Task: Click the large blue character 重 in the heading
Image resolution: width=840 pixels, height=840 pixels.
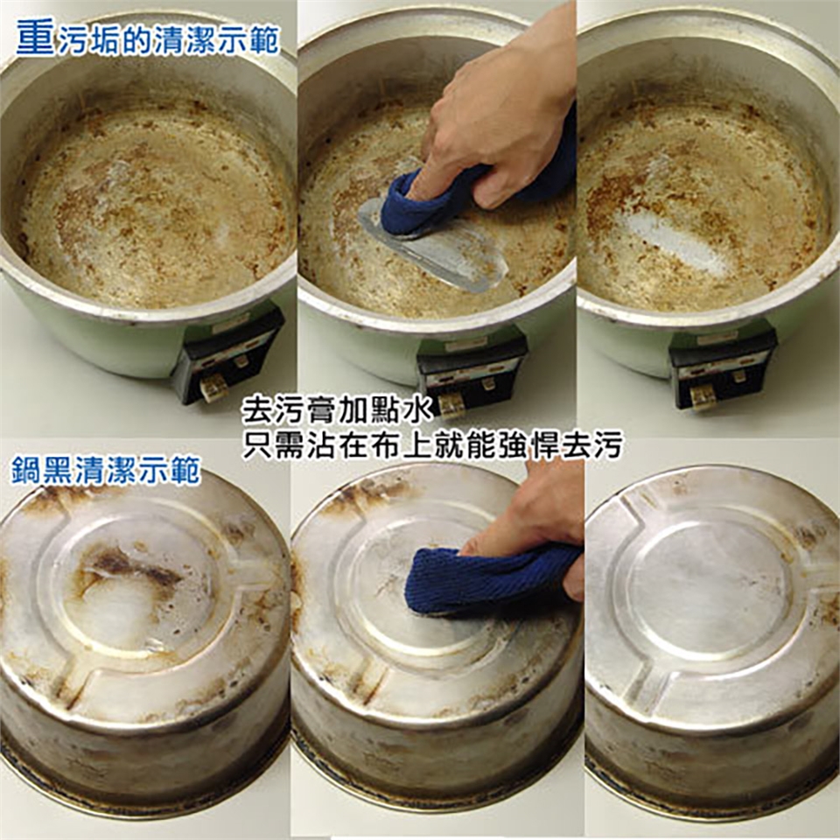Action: click(36, 38)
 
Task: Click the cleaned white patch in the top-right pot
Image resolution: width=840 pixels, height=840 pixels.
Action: click(677, 241)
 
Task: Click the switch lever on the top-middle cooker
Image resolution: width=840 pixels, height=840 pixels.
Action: click(451, 405)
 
